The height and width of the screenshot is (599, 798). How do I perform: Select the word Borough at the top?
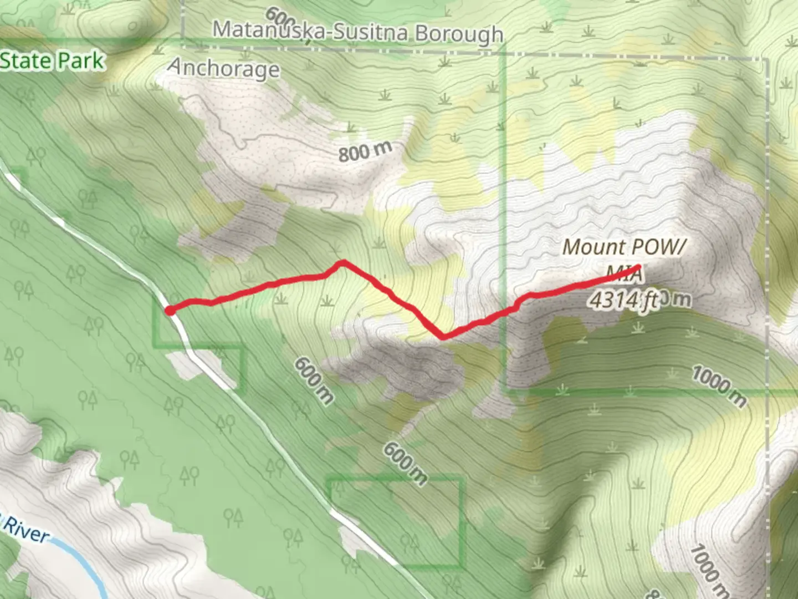[459, 34]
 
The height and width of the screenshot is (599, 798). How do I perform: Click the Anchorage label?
[224, 68]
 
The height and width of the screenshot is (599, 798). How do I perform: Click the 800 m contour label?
[365, 151]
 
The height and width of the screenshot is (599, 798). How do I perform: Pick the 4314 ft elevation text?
[623, 300]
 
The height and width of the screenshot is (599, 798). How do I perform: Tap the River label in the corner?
[26, 531]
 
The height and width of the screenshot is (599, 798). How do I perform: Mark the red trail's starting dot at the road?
[170, 311]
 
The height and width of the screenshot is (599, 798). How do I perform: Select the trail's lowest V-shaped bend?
[442, 336]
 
